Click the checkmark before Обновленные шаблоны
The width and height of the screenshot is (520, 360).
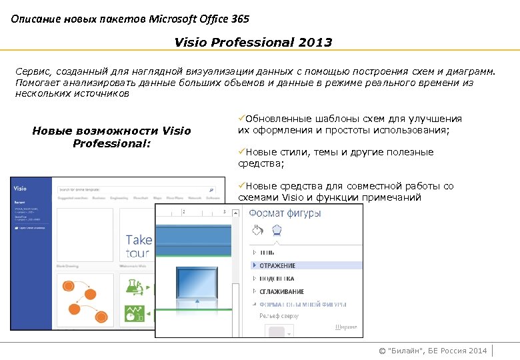pos(241,119)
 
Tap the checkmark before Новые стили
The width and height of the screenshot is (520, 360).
pos(241,152)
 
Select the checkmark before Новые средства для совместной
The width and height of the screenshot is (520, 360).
pos(241,186)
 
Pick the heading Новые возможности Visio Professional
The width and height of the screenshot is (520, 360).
pos(111,137)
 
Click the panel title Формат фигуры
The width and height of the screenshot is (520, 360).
pos(285,213)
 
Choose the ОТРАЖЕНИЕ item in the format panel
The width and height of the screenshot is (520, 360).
pos(277,265)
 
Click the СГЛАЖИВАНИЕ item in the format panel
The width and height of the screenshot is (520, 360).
pos(281,291)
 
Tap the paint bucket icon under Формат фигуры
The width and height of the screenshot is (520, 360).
pos(258,231)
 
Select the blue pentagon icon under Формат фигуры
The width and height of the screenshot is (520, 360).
pos(277,231)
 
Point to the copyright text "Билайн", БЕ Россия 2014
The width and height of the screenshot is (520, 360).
pos(432,351)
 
